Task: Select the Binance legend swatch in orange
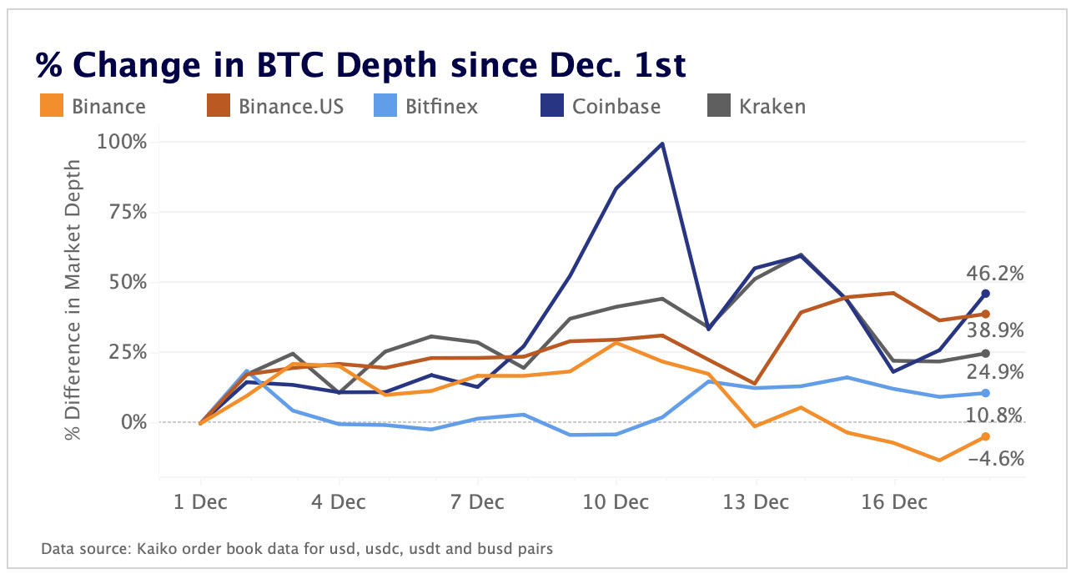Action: [x=52, y=107]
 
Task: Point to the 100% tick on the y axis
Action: [x=123, y=142]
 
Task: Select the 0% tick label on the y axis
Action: [x=133, y=422]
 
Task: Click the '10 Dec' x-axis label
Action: [x=616, y=502]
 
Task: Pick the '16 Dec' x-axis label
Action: [x=893, y=502]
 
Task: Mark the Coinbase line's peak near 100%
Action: [x=662, y=143]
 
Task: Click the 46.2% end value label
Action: [x=994, y=274]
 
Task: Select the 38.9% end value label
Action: [x=994, y=330]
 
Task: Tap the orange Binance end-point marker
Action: [x=985, y=436]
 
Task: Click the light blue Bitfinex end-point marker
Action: [x=985, y=393]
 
